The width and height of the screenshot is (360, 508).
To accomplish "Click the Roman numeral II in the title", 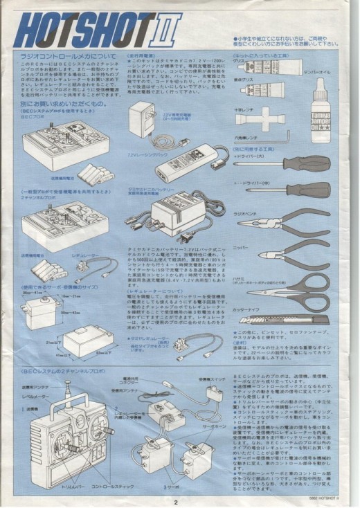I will pos(167,28).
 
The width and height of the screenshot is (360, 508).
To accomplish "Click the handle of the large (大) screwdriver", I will pos(309,165).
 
